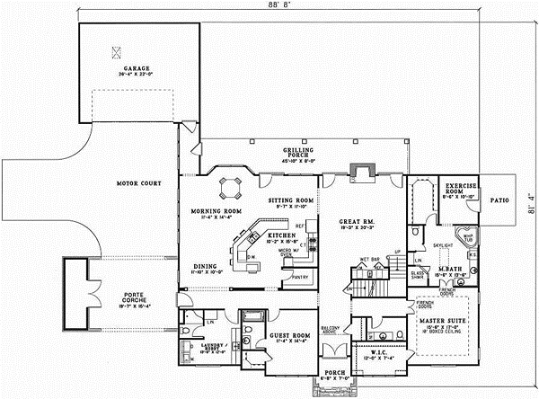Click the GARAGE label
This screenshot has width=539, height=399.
[137, 68]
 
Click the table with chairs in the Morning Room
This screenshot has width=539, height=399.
[232, 188]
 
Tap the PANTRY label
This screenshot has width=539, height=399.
[301, 278]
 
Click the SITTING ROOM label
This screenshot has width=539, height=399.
[291, 200]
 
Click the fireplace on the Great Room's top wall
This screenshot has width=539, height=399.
[362, 171]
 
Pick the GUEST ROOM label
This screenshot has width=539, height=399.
[287, 335]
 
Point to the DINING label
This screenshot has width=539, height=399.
[205, 266]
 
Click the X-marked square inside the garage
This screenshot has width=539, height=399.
[114, 51]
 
